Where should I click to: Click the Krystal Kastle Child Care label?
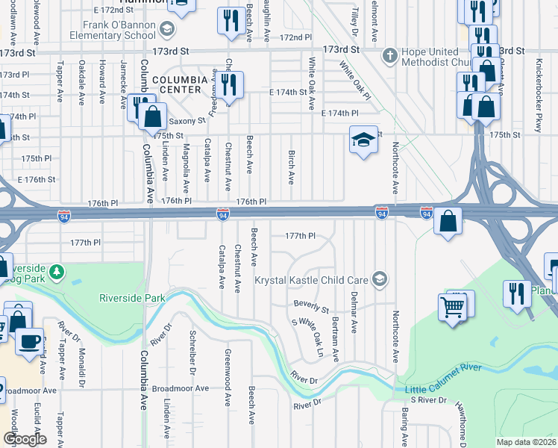pyautogui.click(x=312, y=280)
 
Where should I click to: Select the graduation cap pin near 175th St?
pyautogui.click(x=363, y=140)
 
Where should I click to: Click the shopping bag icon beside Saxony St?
pyautogui.click(x=152, y=117)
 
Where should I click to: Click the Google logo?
pyautogui.click(x=25, y=438)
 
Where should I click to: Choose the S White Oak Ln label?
pyautogui.click(x=308, y=337)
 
